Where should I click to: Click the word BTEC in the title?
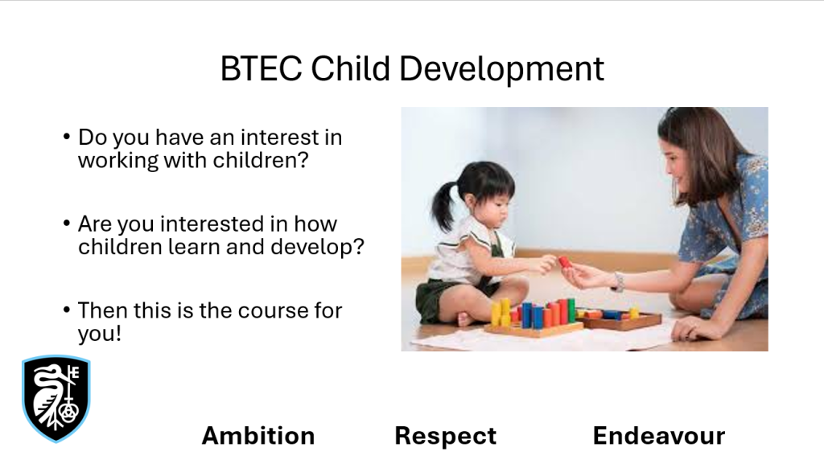tap(262, 69)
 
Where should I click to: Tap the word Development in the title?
tap(502, 70)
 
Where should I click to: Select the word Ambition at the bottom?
tap(258, 436)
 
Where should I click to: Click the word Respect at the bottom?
tap(446, 436)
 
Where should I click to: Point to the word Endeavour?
tap(659, 436)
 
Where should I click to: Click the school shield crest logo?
tap(56, 399)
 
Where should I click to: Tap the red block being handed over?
tap(565, 261)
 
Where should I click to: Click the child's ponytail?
tap(443, 207)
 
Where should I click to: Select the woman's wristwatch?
tap(619, 282)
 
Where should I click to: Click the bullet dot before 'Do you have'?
tap(66, 138)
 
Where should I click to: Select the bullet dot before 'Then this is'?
tap(66, 310)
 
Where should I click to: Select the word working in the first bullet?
tap(118, 161)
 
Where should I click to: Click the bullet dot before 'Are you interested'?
tap(66, 224)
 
